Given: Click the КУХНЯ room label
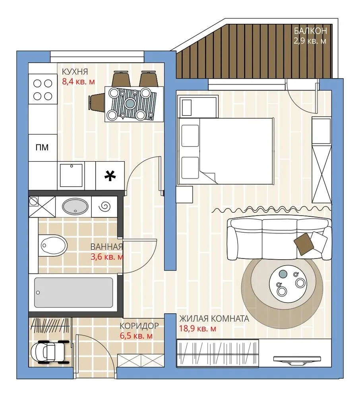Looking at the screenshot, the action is tap(75, 71).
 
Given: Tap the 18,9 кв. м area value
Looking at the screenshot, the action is tap(197, 329).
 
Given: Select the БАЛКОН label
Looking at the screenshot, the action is tap(310, 31).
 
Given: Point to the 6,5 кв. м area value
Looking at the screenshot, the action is tap(136, 336).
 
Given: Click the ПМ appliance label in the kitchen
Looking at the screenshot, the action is tap(42, 147).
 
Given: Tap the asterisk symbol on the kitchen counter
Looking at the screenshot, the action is tap(110, 176).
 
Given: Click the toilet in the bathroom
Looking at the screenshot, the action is tap(53, 245).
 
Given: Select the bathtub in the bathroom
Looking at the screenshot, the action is tap(74, 293).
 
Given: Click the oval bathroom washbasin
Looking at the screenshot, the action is tap(75, 206).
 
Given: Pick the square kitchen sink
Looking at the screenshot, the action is tap(71, 175).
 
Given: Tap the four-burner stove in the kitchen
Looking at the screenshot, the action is tap(43, 90).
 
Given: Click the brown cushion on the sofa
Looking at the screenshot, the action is tap(304, 244).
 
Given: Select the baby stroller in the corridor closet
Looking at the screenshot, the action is tap(50, 352).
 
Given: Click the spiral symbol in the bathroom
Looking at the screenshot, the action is tap(105, 206).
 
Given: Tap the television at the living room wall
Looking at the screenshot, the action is tap(297, 360).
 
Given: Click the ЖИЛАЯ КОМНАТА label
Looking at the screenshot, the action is tap(214, 318).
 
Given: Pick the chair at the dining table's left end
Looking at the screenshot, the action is tap(97, 103).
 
